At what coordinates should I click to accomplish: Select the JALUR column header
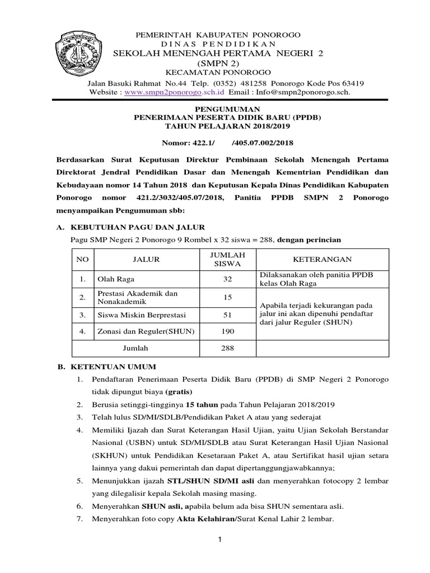click(x=146, y=259)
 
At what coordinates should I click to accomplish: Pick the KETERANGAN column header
click(x=322, y=259)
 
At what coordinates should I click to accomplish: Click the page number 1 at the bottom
click(x=220, y=539)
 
